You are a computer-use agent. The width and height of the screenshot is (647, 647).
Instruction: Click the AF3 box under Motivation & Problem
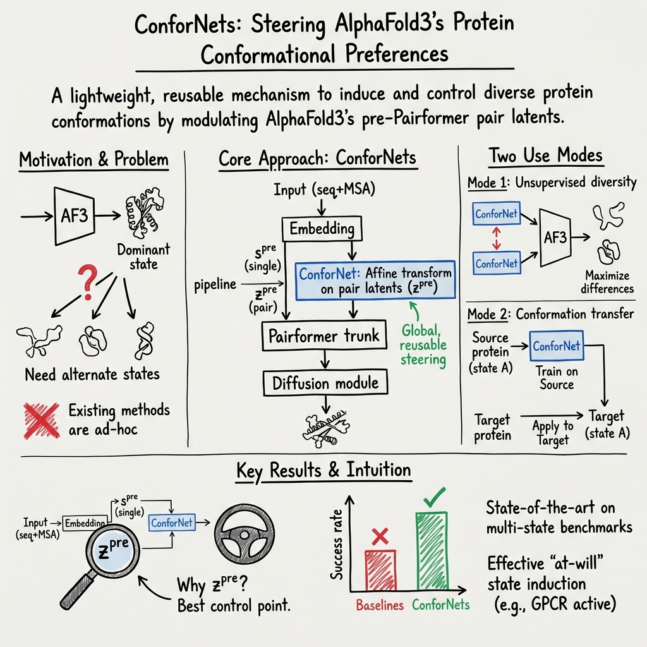pyautogui.click(x=74, y=215)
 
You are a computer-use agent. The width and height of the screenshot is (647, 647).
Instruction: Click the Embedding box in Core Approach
pyautogui.click(x=321, y=229)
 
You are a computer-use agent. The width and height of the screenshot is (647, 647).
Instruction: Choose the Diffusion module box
pyautogui.click(x=325, y=382)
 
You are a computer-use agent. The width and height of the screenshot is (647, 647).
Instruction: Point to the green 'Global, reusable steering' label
pyautogui.click(x=423, y=345)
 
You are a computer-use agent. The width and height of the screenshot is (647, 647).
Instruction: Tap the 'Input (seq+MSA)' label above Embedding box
pyautogui.click(x=320, y=189)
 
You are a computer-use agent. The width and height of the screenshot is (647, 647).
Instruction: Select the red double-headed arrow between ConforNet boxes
pyautogui.click(x=496, y=238)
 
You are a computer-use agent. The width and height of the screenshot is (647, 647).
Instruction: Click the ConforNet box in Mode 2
pyautogui.click(x=556, y=346)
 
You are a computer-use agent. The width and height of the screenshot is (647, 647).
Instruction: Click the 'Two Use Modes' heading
pyautogui.click(x=546, y=155)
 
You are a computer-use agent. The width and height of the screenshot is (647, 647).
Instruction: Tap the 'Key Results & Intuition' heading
pyautogui.click(x=323, y=470)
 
